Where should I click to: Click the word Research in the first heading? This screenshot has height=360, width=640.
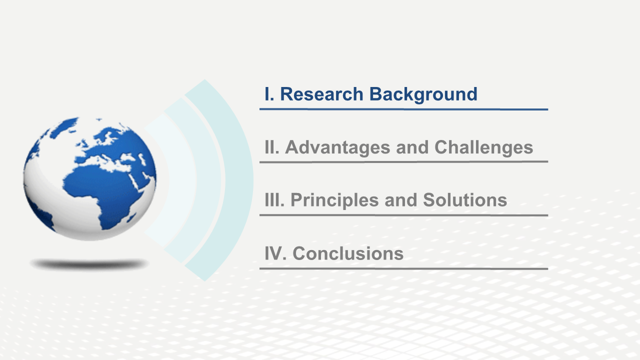(x=321, y=94)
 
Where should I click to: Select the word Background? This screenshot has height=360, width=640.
(x=423, y=95)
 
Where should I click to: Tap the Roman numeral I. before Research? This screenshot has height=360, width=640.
(x=269, y=94)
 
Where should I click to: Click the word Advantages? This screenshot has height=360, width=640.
(x=337, y=148)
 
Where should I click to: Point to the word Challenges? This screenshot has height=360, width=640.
(x=483, y=148)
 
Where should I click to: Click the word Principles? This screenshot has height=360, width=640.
(x=334, y=200)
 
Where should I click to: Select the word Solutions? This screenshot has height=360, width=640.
(x=465, y=200)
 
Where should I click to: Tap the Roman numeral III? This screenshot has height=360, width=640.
(x=274, y=200)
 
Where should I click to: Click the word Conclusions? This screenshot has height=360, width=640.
(x=348, y=253)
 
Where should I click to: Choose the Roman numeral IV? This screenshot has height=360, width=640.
(x=275, y=253)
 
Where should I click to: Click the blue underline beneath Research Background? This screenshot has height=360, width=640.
(x=403, y=109)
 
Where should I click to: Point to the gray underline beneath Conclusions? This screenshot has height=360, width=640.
(x=403, y=269)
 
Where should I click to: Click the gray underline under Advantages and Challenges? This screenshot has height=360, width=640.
(x=403, y=162)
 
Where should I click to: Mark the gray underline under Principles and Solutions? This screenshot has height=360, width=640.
(x=403, y=215)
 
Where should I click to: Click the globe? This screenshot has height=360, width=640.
(x=89, y=178)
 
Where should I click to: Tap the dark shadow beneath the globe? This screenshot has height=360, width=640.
(x=89, y=264)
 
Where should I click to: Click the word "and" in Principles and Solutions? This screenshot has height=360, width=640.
(x=401, y=200)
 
